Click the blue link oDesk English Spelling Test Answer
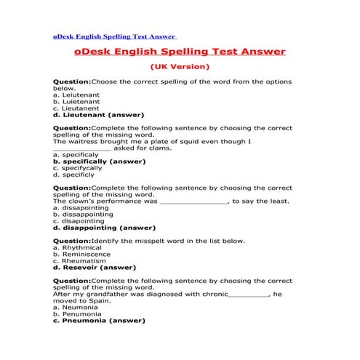click(114, 36)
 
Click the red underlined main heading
click(180, 52)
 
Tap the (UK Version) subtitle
click(180, 67)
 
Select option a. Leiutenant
click(76, 95)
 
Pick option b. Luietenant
click(76, 101)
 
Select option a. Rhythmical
click(77, 248)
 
